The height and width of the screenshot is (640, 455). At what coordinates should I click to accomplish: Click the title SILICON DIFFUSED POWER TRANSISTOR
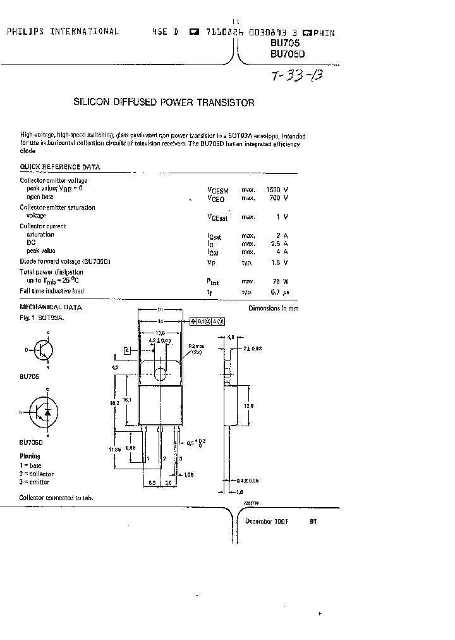pyautogui.click(x=164, y=102)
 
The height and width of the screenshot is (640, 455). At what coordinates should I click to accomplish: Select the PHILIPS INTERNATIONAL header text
pyautogui.click(x=63, y=32)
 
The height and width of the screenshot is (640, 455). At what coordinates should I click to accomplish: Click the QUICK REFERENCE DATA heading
pyautogui.click(x=59, y=168)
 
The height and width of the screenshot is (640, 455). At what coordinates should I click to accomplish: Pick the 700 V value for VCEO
pyautogui.click(x=278, y=198)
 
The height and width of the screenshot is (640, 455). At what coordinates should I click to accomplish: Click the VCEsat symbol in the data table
pyautogui.click(x=217, y=217)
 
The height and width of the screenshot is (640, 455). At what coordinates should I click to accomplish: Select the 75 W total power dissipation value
pyautogui.click(x=278, y=281)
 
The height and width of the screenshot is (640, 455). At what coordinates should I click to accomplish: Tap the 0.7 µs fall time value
pyautogui.click(x=278, y=292)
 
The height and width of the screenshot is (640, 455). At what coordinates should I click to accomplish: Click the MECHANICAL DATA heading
pyautogui.click(x=51, y=307)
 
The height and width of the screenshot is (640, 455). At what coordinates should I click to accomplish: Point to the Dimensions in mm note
pyautogui.click(x=273, y=308)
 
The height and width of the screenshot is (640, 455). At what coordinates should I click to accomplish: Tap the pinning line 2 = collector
pyautogui.click(x=36, y=474)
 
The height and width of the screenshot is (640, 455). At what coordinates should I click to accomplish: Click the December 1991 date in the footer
pyautogui.click(x=267, y=522)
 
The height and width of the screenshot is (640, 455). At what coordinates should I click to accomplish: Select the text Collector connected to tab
pyautogui.click(x=56, y=498)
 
